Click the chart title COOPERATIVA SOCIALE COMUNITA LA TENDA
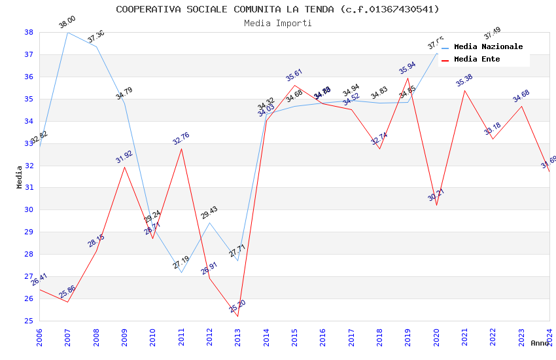[277, 9]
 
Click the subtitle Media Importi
[277, 23]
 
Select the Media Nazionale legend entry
[488, 46]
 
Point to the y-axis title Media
[20, 177]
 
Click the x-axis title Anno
[540, 343]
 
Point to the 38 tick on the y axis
[29, 32]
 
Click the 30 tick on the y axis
[29, 210]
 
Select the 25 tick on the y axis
[29, 321]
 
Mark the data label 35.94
[408, 68]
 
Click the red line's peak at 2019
[408, 78]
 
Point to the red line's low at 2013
[237, 316]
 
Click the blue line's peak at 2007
[68, 32]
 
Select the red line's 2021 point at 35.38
[464, 90]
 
